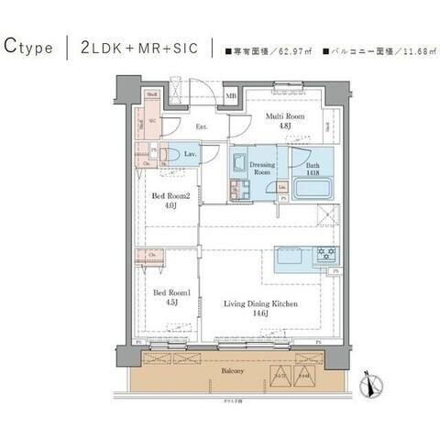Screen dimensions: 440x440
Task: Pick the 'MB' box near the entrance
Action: click(x=231, y=95)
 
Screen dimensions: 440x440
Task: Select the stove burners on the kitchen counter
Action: click(x=326, y=255)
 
